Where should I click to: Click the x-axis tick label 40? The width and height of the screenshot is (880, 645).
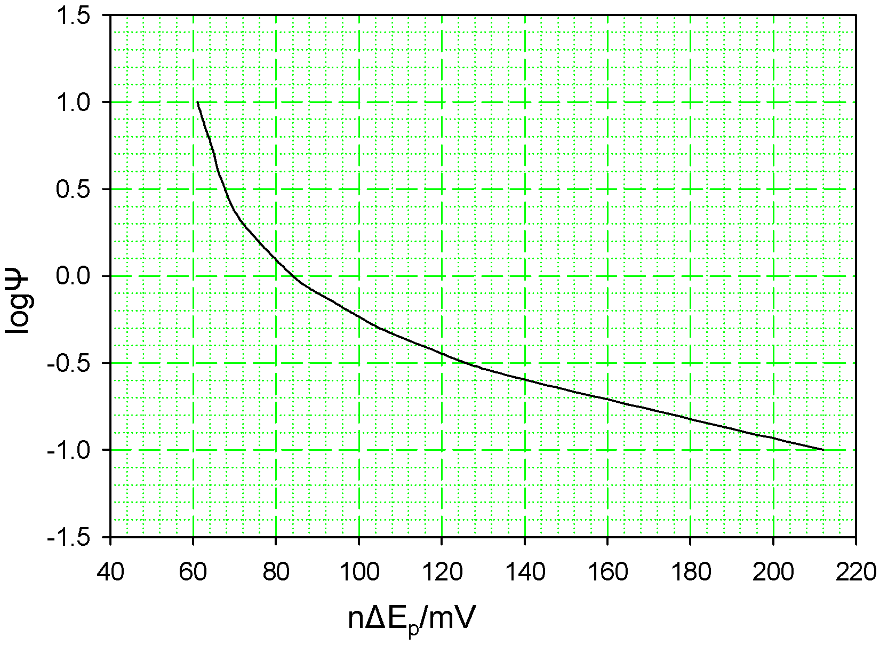(110, 572)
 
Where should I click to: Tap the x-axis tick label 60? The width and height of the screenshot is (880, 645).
(193, 572)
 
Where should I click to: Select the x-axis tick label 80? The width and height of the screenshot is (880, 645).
(276, 572)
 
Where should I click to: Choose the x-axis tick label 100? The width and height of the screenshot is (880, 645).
(359, 572)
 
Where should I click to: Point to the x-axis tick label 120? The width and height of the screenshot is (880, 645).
(442, 572)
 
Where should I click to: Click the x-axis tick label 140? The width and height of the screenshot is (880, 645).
(525, 572)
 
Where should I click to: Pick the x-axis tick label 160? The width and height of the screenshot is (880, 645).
(607, 572)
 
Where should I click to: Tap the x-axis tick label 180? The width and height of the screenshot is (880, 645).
(690, 572)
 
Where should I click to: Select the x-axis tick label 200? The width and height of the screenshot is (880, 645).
(773, 572)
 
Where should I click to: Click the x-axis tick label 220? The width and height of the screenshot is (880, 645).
(855, 572)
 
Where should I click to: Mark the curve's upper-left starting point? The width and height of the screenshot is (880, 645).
(197, 102)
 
